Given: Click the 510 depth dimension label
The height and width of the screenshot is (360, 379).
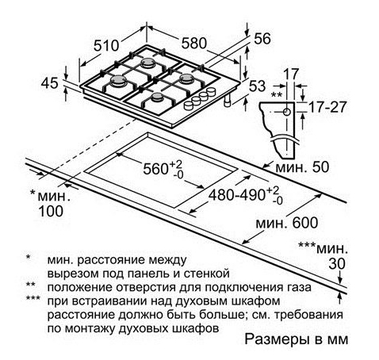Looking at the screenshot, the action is tap(106, 45).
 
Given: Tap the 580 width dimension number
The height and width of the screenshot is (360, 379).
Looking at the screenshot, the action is tap(193, 43).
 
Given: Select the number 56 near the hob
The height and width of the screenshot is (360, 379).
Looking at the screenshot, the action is tap(262, 39).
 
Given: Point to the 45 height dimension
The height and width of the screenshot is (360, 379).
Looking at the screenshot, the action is tap(49, 83).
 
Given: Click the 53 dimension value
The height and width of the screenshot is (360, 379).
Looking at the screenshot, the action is tap(257, 86).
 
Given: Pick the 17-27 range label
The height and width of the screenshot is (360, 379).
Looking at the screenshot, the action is tap(327, 107).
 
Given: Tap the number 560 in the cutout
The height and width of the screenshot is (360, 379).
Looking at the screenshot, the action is tap(155, 169).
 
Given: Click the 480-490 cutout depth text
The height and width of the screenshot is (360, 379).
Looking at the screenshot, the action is tap(236, 195).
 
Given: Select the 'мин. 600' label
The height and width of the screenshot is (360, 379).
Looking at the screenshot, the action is tap(286, 223).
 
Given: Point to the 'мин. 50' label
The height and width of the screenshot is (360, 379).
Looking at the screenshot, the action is tap(302, 167).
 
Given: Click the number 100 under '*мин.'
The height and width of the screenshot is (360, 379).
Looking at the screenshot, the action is tap(51, 211).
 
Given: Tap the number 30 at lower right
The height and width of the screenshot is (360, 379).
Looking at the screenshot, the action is tap(337, 263).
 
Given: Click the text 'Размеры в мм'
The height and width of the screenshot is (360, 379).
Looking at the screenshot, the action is tap(297, 339).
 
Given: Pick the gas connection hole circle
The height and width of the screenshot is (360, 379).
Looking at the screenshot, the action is tap(287, 112).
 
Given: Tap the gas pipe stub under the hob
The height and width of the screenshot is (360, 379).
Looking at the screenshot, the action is tap(228, 101).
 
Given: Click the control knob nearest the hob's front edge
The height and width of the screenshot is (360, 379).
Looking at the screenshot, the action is tap(188, 105).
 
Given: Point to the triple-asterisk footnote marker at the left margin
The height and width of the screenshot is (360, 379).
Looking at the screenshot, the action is tap(33, 299).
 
